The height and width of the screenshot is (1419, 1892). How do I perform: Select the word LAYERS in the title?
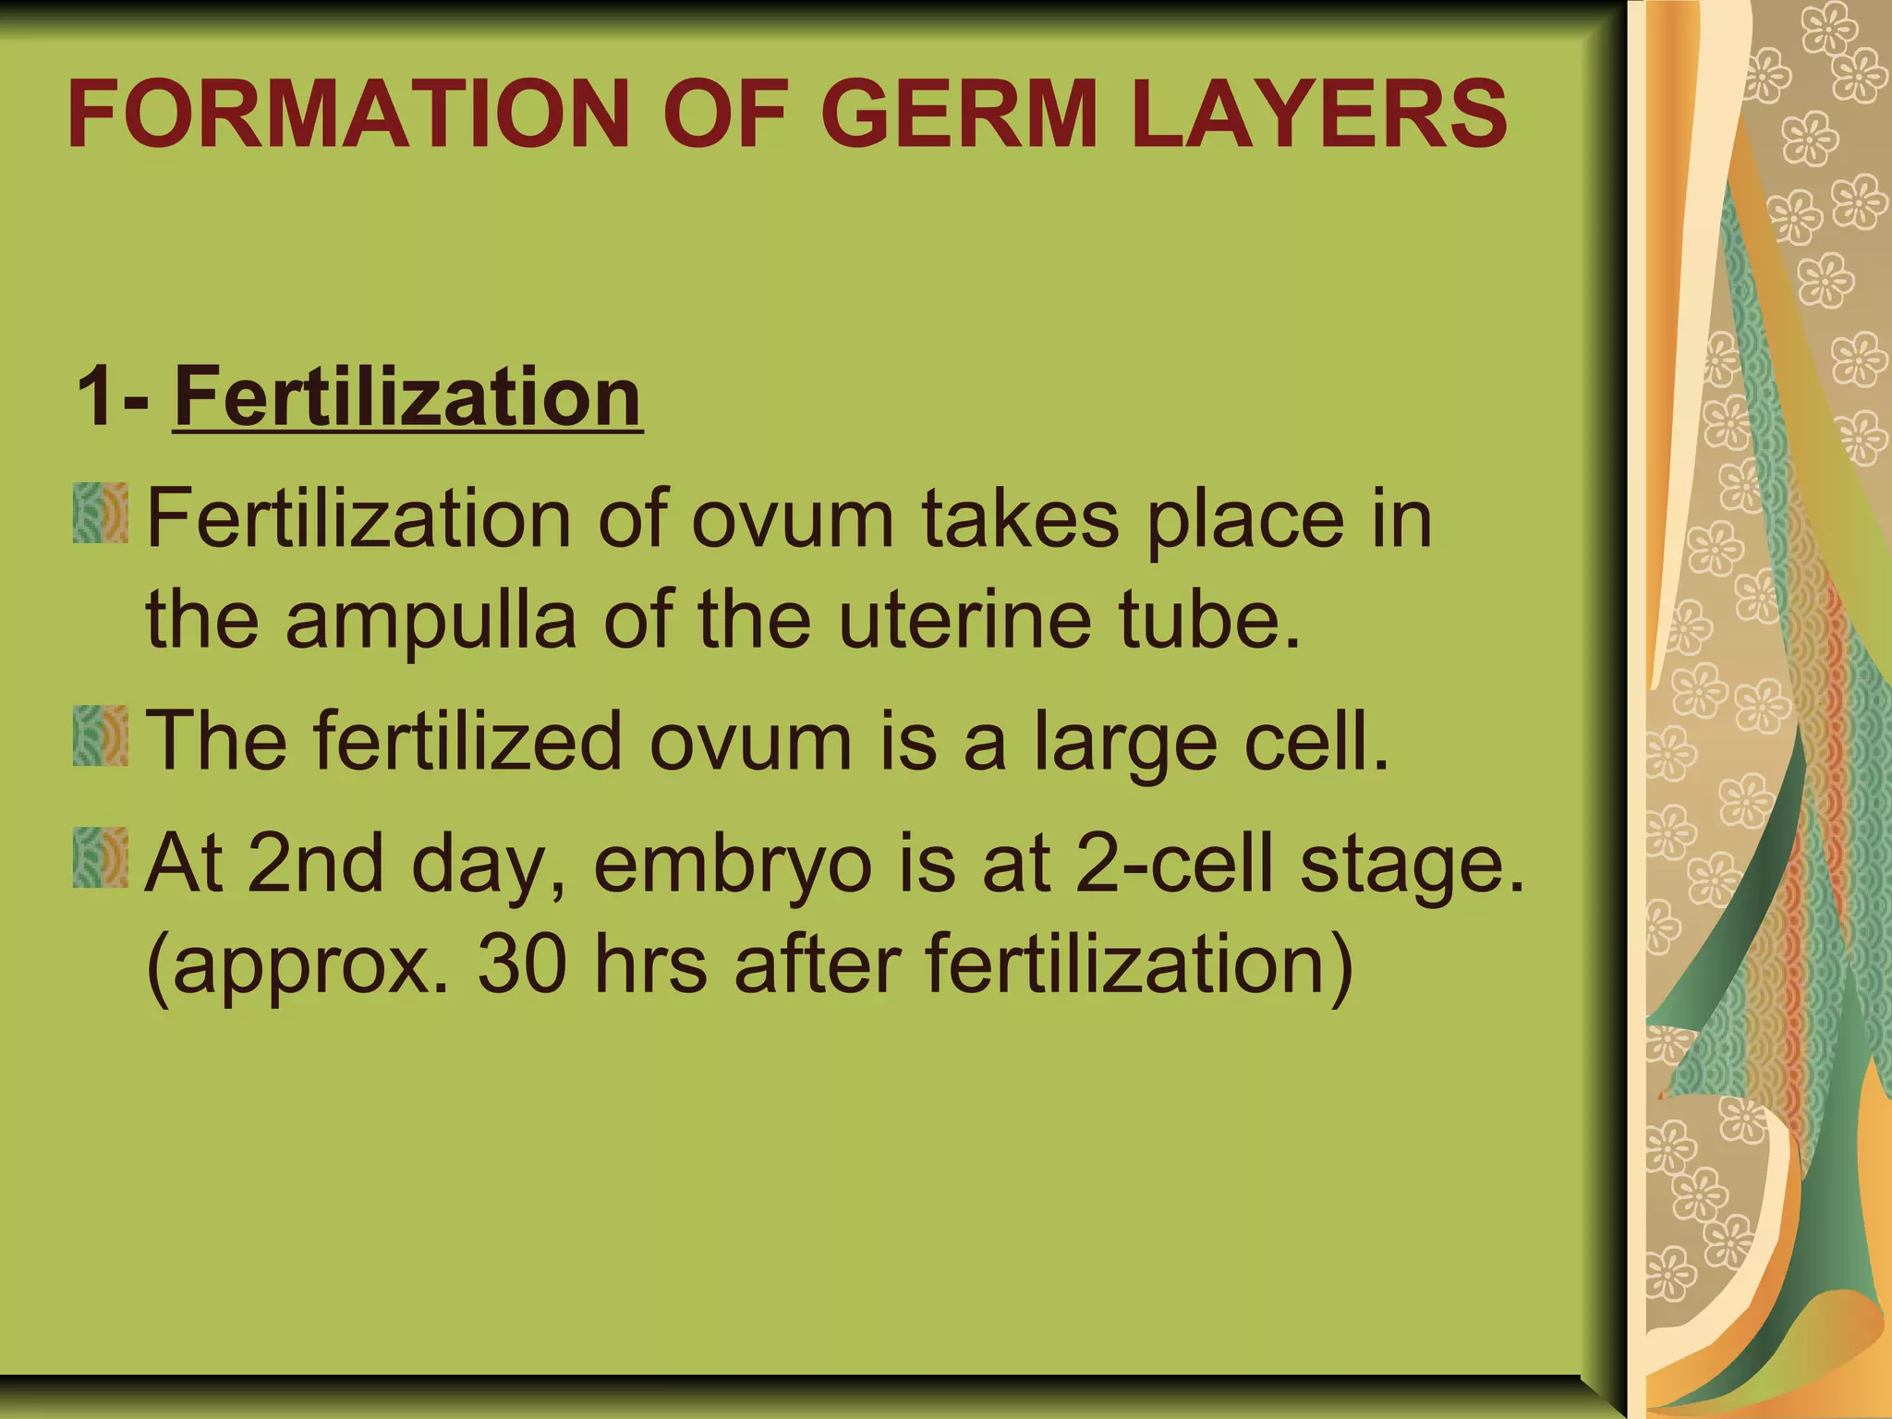click(x=1319, y=115)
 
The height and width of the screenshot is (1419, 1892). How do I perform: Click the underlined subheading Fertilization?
click(x=406, y=397)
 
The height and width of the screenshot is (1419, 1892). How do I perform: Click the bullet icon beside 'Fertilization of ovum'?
click(x=100, y=513)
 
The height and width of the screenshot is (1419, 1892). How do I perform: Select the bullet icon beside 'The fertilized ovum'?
click(x=100, y=735)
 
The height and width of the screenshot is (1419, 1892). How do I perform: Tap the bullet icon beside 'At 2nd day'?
click(x=100, y=857)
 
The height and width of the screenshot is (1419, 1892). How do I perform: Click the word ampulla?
click(x=431, y=621)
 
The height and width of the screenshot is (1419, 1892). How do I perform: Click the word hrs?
click(x=650, y=964)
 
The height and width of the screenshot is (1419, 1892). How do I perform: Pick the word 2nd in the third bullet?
click(x=315, y=864)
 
